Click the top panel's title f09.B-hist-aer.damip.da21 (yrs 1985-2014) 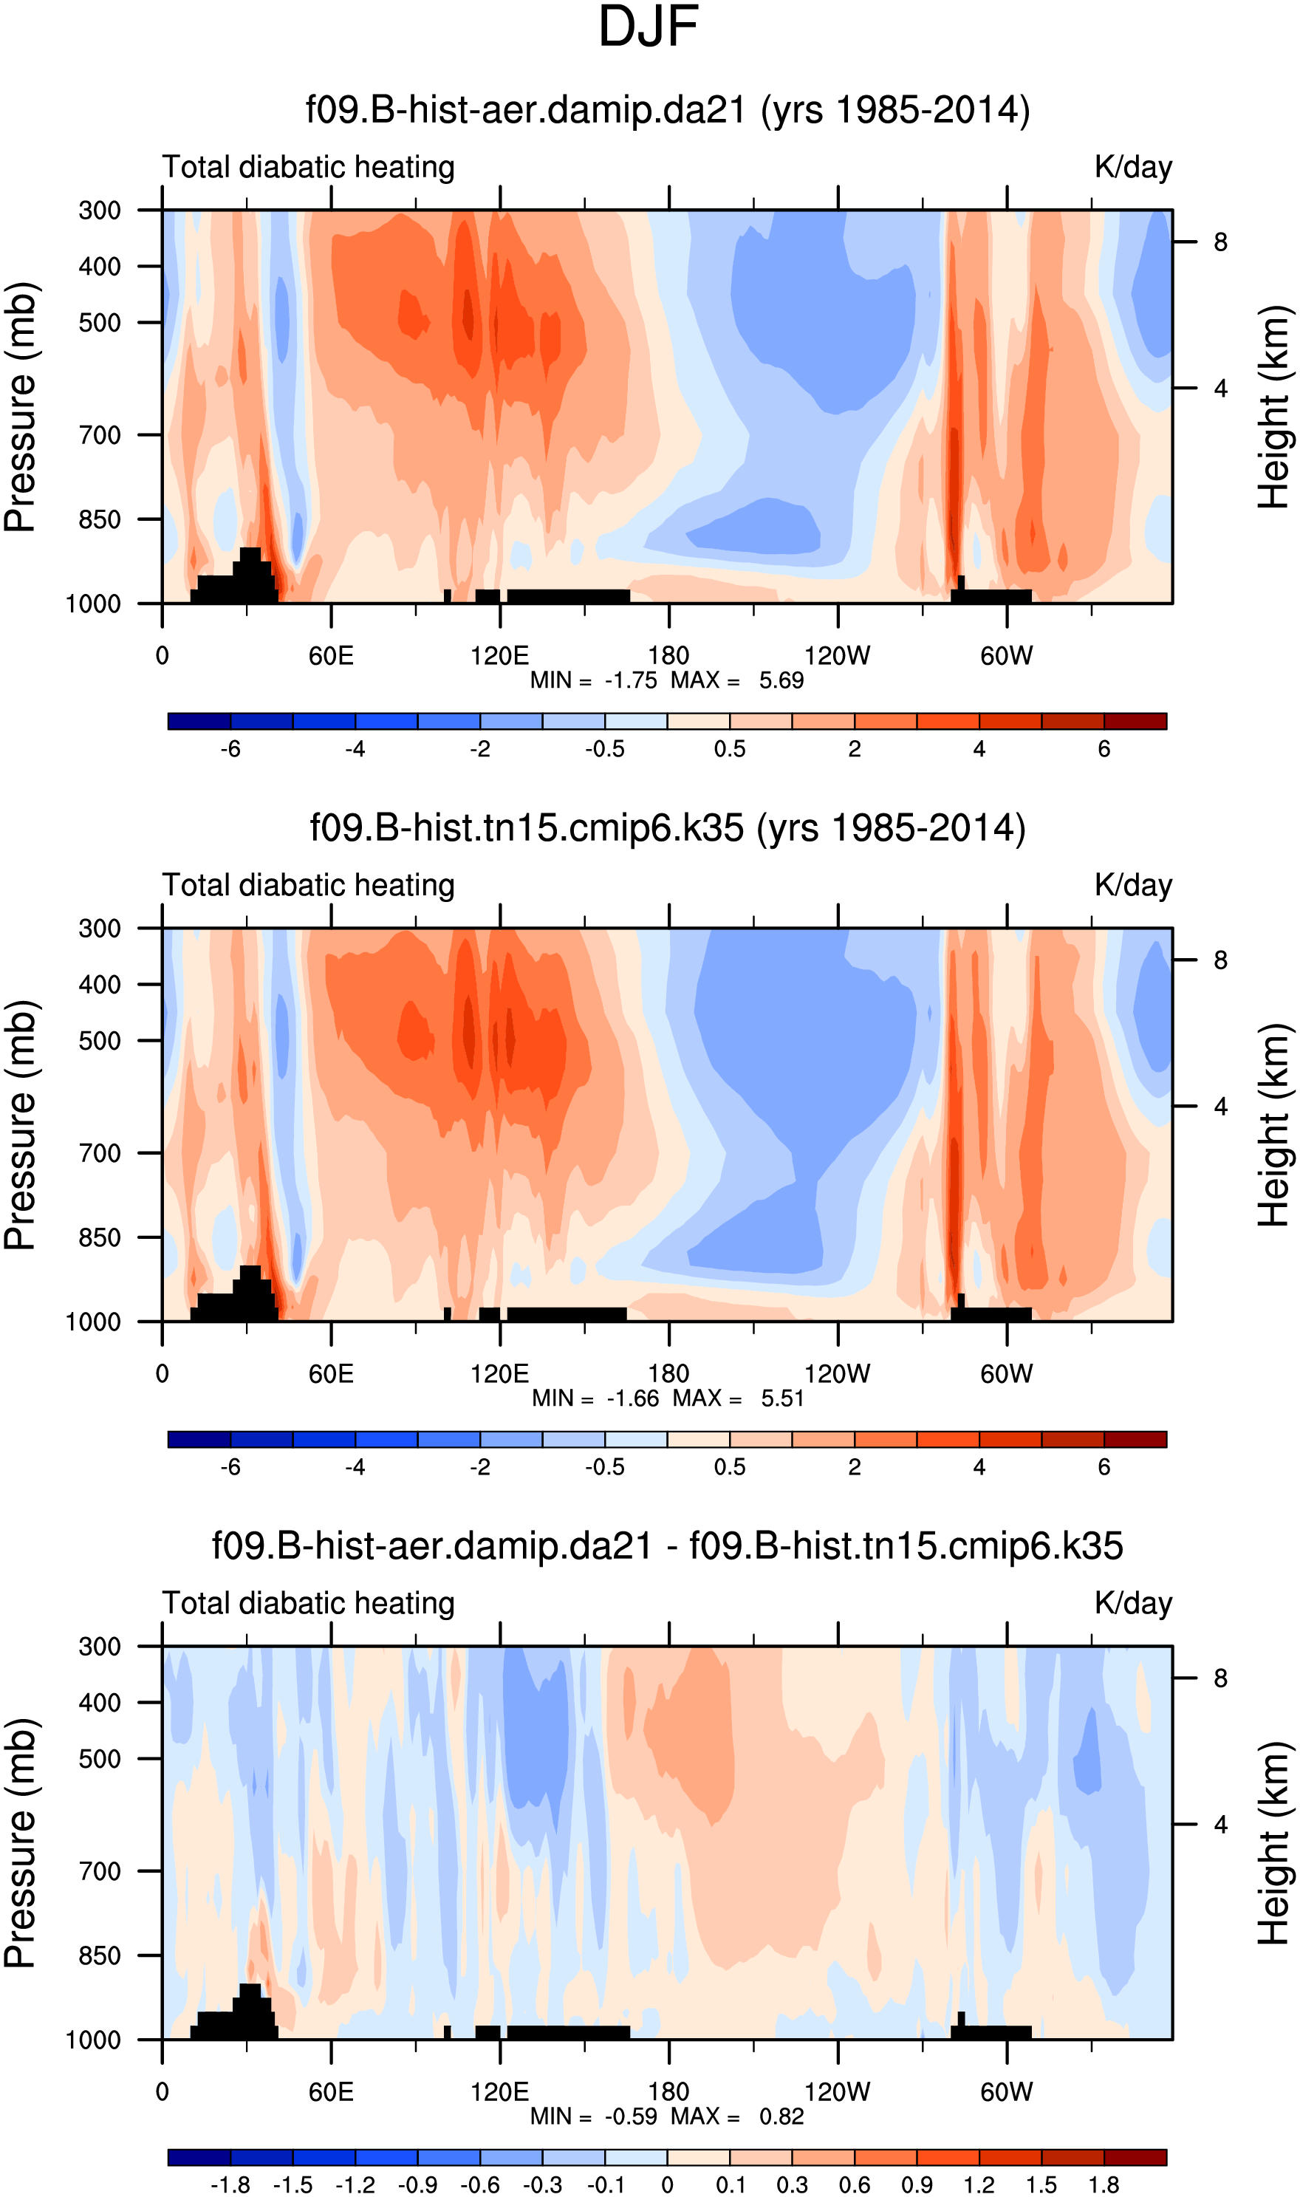click(668, 110)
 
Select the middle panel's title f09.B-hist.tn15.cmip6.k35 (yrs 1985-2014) click(668, 828)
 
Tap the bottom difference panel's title click(668, 1546)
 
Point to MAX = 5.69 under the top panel click(736, 680)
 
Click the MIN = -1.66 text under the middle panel click(595, 1398)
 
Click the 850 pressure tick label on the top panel click(100, 519)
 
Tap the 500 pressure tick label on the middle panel click(100, 1041)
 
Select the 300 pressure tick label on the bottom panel click(100, 1647)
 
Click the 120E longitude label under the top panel click(499, 655)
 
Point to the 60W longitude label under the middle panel click(1007, 1373)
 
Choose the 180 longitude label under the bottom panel click(668, 2092)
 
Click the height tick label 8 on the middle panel click(1220, 961)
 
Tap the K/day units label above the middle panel click(1132, 886)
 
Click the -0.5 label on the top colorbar click(604, 749)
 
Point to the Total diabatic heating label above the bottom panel click(308, 1604)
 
